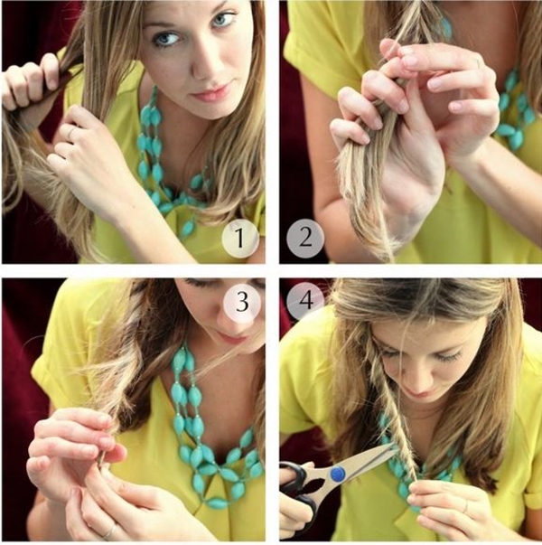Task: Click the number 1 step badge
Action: (240, 238)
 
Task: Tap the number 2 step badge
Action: (305, 239)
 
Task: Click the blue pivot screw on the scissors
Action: (337, 475)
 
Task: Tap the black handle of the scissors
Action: (299, 493)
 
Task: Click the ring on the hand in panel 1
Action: (71, 133)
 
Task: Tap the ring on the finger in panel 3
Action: (109, 531)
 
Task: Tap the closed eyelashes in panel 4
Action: (448, 356)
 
